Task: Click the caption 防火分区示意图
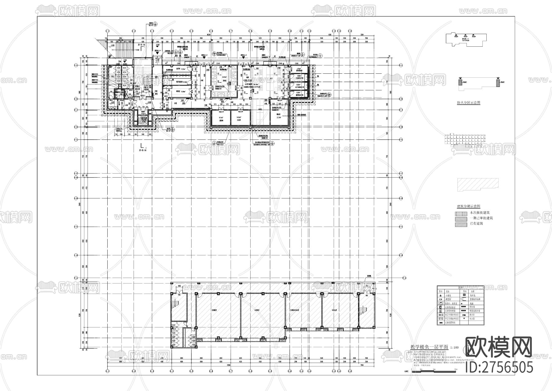[468, 103]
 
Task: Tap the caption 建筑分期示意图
[468, 207]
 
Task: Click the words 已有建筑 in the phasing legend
[476, 224]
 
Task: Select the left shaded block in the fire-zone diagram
[460, 83]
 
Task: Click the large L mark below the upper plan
[142, 146]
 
